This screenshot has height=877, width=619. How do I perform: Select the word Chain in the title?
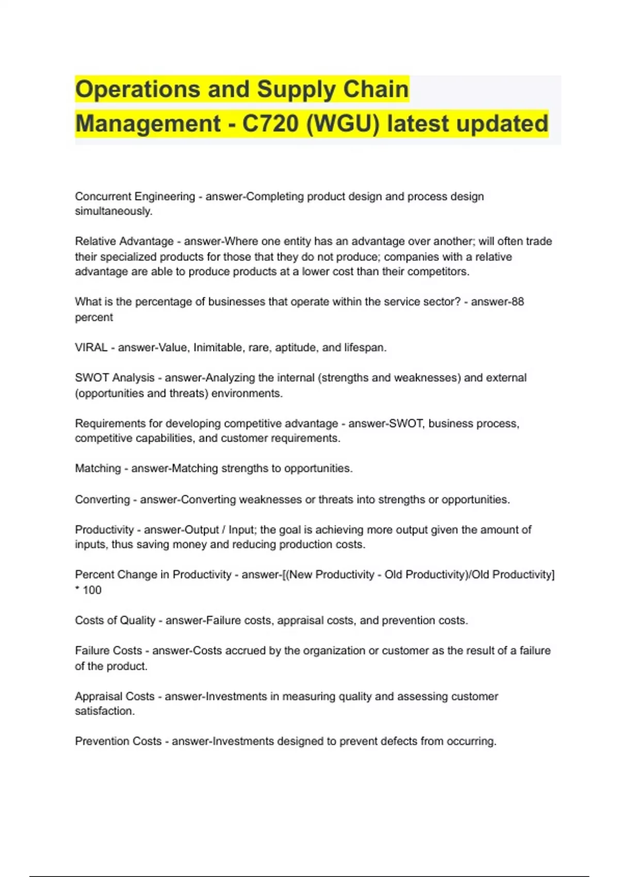pos(376,89)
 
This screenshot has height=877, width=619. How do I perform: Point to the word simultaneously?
pos(113,212)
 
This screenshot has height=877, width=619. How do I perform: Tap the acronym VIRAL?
pos(91,348)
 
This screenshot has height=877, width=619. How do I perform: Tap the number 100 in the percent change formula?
pos(92,590)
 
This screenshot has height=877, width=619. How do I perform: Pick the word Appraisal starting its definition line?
pos(97,696)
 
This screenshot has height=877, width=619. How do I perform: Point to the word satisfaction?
pos(105,711)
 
